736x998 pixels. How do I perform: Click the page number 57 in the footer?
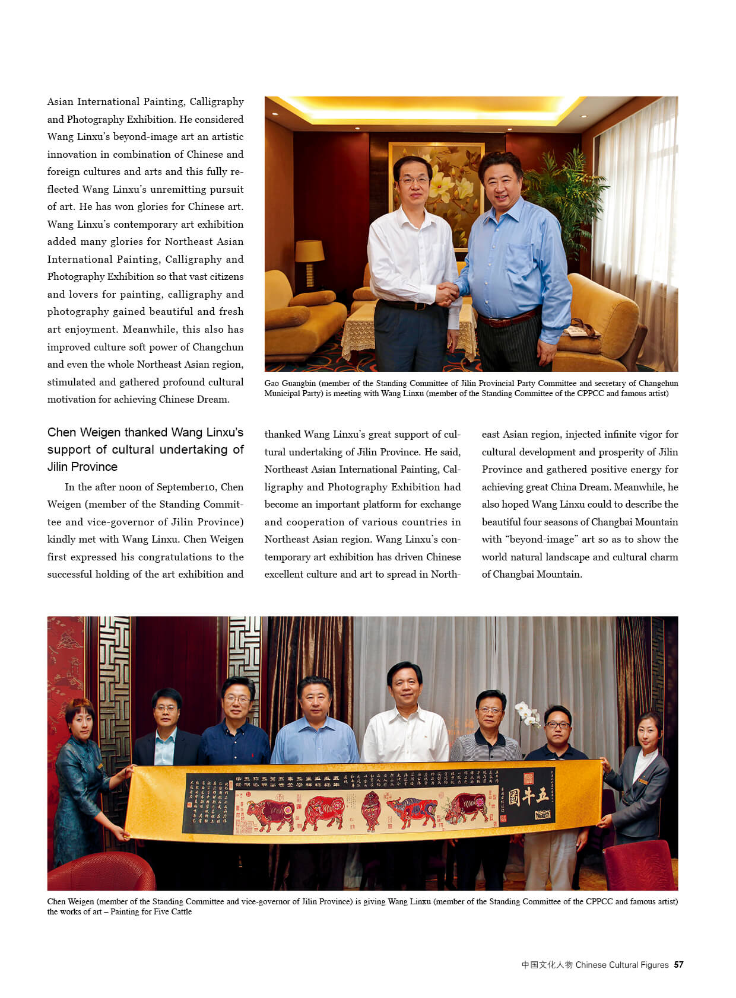pyautogui.click(x=678, y=965)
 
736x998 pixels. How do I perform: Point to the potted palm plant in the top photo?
pyautogui.click(x=564, y=196)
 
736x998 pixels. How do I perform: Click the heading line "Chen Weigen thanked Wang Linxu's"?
pyautogui.click(x=145, y=432)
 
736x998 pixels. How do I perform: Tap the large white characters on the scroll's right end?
pyautogui.click(x=528, y=796)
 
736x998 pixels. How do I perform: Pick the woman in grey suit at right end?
pyautogui.click(x=641, y=783)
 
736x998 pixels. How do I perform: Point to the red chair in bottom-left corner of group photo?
pyautogui.click(x=101, y=871)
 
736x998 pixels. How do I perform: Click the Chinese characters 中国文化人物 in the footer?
pyautogui.click(x=547, y=965)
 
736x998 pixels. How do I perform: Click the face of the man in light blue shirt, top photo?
pyautogui.click(x=500, y=177)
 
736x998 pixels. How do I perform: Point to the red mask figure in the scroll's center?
pyautogui.click(x=370, y=811)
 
